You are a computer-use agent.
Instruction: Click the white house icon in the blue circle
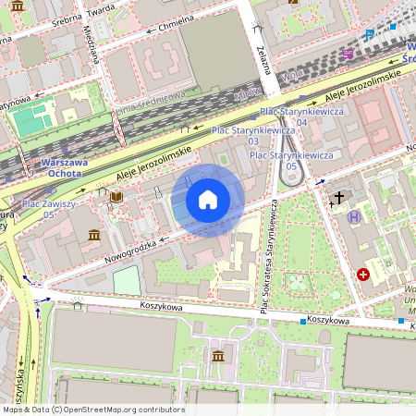pyautogui.click(x=208, y=200)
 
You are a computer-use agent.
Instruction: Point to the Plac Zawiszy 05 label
pyautogui.click(x=47, y=208)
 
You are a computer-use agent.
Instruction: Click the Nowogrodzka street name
pyautogui.click(x=133, y=250)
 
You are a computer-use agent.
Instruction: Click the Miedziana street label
pyautogui.click(x=96, y=41)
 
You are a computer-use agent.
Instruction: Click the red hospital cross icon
pyautogui.click(x=363, y=275)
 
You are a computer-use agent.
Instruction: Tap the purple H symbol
pyautogui.click(x=355, y=217)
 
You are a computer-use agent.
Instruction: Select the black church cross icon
pyautogui.click(x=338, y=198)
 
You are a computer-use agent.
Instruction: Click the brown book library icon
pyautogui.click(x=116, y=197)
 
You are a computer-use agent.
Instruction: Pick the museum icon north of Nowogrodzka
pyautogui.click(x=94, y=237)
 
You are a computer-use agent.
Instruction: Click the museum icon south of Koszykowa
pyautogui.click(x=217, y=357)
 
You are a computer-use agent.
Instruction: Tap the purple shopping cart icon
pyautogui.click(x=348, y=55)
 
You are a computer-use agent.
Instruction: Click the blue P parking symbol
pyautogui.click(x=369, y=35)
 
